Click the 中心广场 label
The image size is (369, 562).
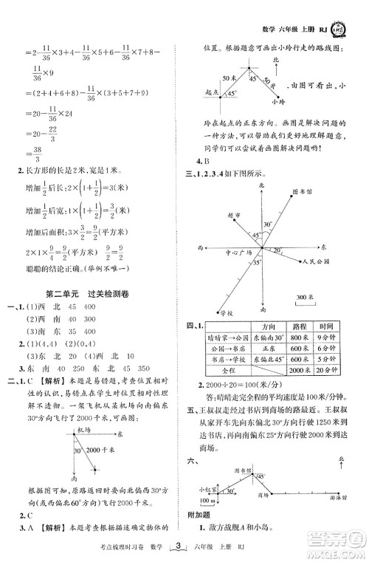click(x=238, y=252)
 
